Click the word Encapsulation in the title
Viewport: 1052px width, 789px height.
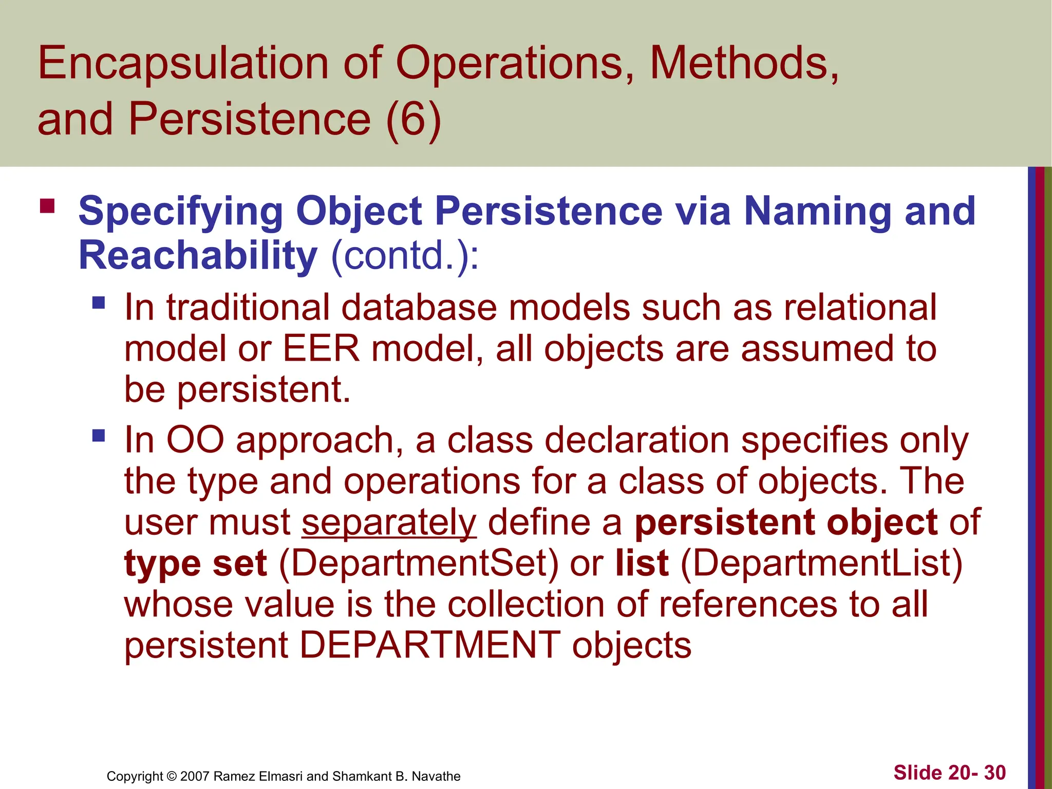pos(183,64)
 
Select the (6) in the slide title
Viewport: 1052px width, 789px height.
pos(413,119)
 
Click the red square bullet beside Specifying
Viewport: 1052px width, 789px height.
pos(47,206)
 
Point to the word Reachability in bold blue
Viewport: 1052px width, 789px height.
pos(198,255)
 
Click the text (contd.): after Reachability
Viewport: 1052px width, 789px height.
pos(405,255)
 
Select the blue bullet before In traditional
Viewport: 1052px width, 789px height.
pos(99,303)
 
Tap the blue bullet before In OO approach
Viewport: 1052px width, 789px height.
pos(99,436)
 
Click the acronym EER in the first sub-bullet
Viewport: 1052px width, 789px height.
pos(321,349)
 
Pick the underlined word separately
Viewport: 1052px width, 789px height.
pos(389,522)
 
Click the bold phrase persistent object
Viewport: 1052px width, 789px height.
pos(785,522)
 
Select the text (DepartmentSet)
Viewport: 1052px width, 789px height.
pos(418,563)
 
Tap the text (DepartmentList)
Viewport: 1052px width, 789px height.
pos(821,563)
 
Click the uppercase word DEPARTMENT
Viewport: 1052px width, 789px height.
pos(429,645)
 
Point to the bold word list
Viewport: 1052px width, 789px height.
pos(642,563)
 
